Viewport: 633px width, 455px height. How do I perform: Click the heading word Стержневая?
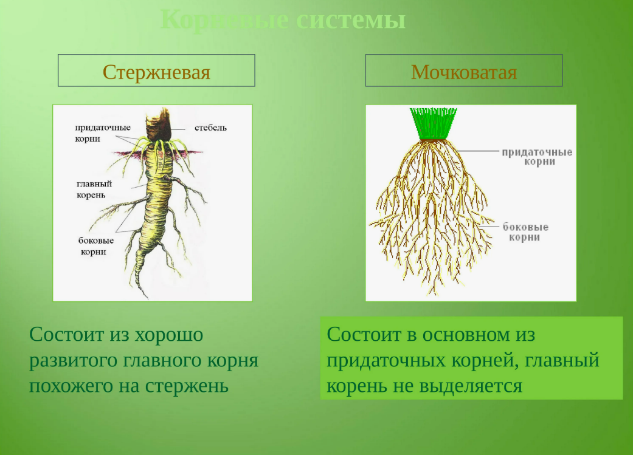tap(156, 72)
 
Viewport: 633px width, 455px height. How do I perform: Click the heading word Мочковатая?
tap(463, 72)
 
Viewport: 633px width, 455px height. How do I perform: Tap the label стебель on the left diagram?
tap(210, 128)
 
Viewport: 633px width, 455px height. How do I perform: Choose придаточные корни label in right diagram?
tap(536, 157)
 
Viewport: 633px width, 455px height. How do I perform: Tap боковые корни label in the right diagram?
tap(525, 232)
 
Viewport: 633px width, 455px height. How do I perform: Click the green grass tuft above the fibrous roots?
tap(432, 123)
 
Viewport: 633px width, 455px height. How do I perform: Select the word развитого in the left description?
tap(74, 360)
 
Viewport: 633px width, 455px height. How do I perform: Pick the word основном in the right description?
tap(465, 334)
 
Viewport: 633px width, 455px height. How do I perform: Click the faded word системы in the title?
tap(351, 20)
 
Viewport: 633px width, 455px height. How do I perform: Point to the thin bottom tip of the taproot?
tap(145, 294)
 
